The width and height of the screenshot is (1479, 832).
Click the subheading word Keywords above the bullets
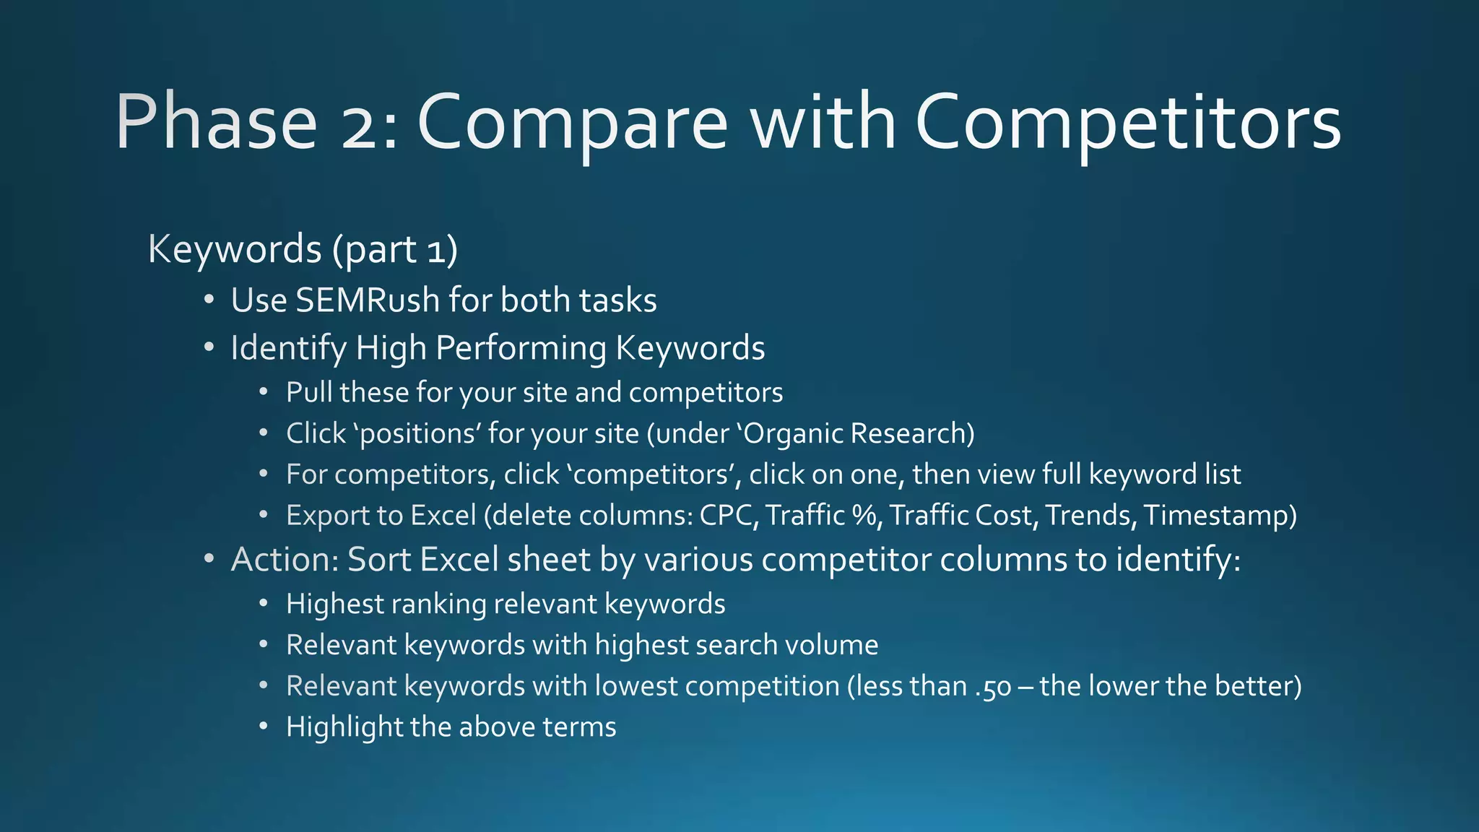tap(234, 249)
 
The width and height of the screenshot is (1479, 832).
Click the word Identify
tap(288, 348)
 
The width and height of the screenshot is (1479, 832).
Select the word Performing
tap(521, 348)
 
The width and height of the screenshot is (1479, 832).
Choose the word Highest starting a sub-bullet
tap(334, 604)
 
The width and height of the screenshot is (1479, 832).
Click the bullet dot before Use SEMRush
tap(209, 300)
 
